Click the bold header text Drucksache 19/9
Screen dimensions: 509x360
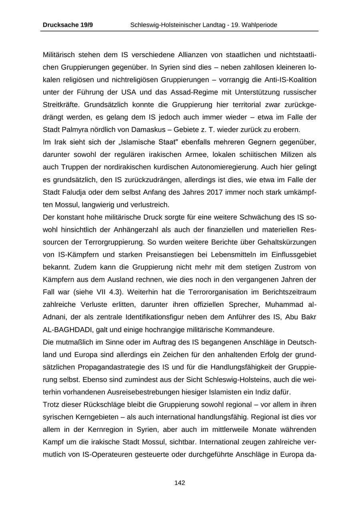point(68,25)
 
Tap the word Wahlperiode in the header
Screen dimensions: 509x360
point(260,25)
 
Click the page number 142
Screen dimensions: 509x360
point(180,483)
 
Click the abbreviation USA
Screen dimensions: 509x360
point(126,92)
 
